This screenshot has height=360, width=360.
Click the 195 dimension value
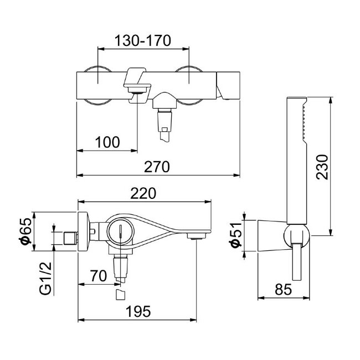[x=137, y=311]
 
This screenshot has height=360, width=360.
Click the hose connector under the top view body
[x=164, y=117]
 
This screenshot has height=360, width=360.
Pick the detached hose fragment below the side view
[x=120, y=293]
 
